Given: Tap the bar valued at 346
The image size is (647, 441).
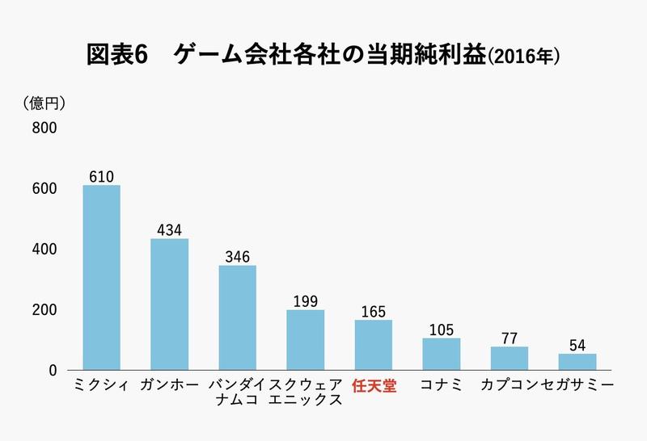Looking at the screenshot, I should click(237, 317).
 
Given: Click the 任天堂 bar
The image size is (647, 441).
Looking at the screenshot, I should click(373, 345).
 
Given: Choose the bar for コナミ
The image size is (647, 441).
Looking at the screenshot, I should click(441, 354).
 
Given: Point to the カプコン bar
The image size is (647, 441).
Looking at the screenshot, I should click(509, 358).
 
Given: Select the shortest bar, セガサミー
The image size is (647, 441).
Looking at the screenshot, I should click(577, 362).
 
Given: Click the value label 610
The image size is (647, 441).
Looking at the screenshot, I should click(101, 176).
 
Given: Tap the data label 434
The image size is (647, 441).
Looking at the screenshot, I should click(169, 229).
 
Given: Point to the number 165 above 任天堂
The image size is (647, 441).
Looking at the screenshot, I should click(373, 311).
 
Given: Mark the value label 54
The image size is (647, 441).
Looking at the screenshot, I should click(577, 345).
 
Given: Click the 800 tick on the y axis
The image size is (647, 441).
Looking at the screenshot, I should click(44, 128).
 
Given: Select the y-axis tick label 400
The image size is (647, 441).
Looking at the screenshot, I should click(44, 250).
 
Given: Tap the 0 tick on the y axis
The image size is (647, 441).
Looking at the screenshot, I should click(50, 371).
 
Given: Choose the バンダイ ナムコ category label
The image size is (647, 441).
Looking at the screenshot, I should click(237, 394).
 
